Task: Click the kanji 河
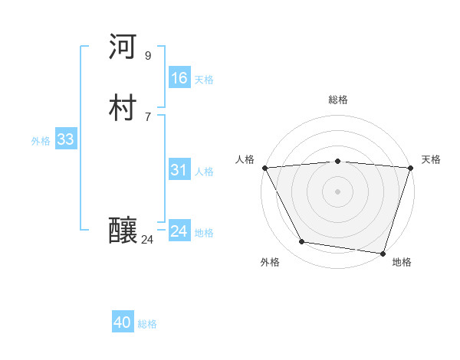point(123,47)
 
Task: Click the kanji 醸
point(123,231)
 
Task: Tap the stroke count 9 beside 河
point(148,55)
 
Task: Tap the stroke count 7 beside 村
point(148,116)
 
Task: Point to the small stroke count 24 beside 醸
point(147,240)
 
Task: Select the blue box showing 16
point(179,78)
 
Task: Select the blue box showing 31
point(179,170)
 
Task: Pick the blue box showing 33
point(65,139)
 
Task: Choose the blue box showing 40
point(123,323)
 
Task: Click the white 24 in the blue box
point(179,231)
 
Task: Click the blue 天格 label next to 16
point(204,79)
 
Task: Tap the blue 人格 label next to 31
point(204,171)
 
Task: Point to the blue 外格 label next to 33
point(41,140)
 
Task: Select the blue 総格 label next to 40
point(147,324)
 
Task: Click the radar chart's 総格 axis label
point(337,100)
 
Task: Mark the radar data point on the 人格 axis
point(264,168)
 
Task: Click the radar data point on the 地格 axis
point(383,253)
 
